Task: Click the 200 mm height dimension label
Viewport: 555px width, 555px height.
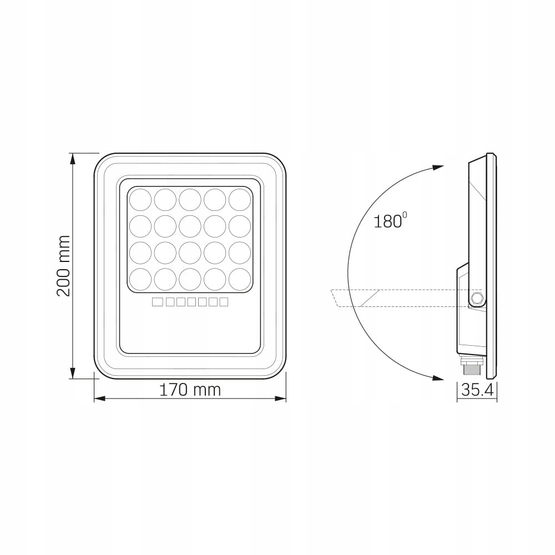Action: tap(64, 265)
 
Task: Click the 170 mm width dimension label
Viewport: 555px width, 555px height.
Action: tap(190, 390)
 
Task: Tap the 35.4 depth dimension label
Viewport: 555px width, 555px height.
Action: tap(477, 390)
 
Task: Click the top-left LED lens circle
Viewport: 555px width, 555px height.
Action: tap(140, 200)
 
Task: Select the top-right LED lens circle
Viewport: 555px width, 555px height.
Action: tap(240, 200)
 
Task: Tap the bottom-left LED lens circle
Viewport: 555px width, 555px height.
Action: tap(140, 279)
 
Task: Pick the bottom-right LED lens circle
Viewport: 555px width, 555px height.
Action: tap(240, 279)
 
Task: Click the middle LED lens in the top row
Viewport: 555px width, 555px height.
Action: tap(190, 200)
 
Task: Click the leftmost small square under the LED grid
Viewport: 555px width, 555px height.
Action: tap(157, 302)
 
